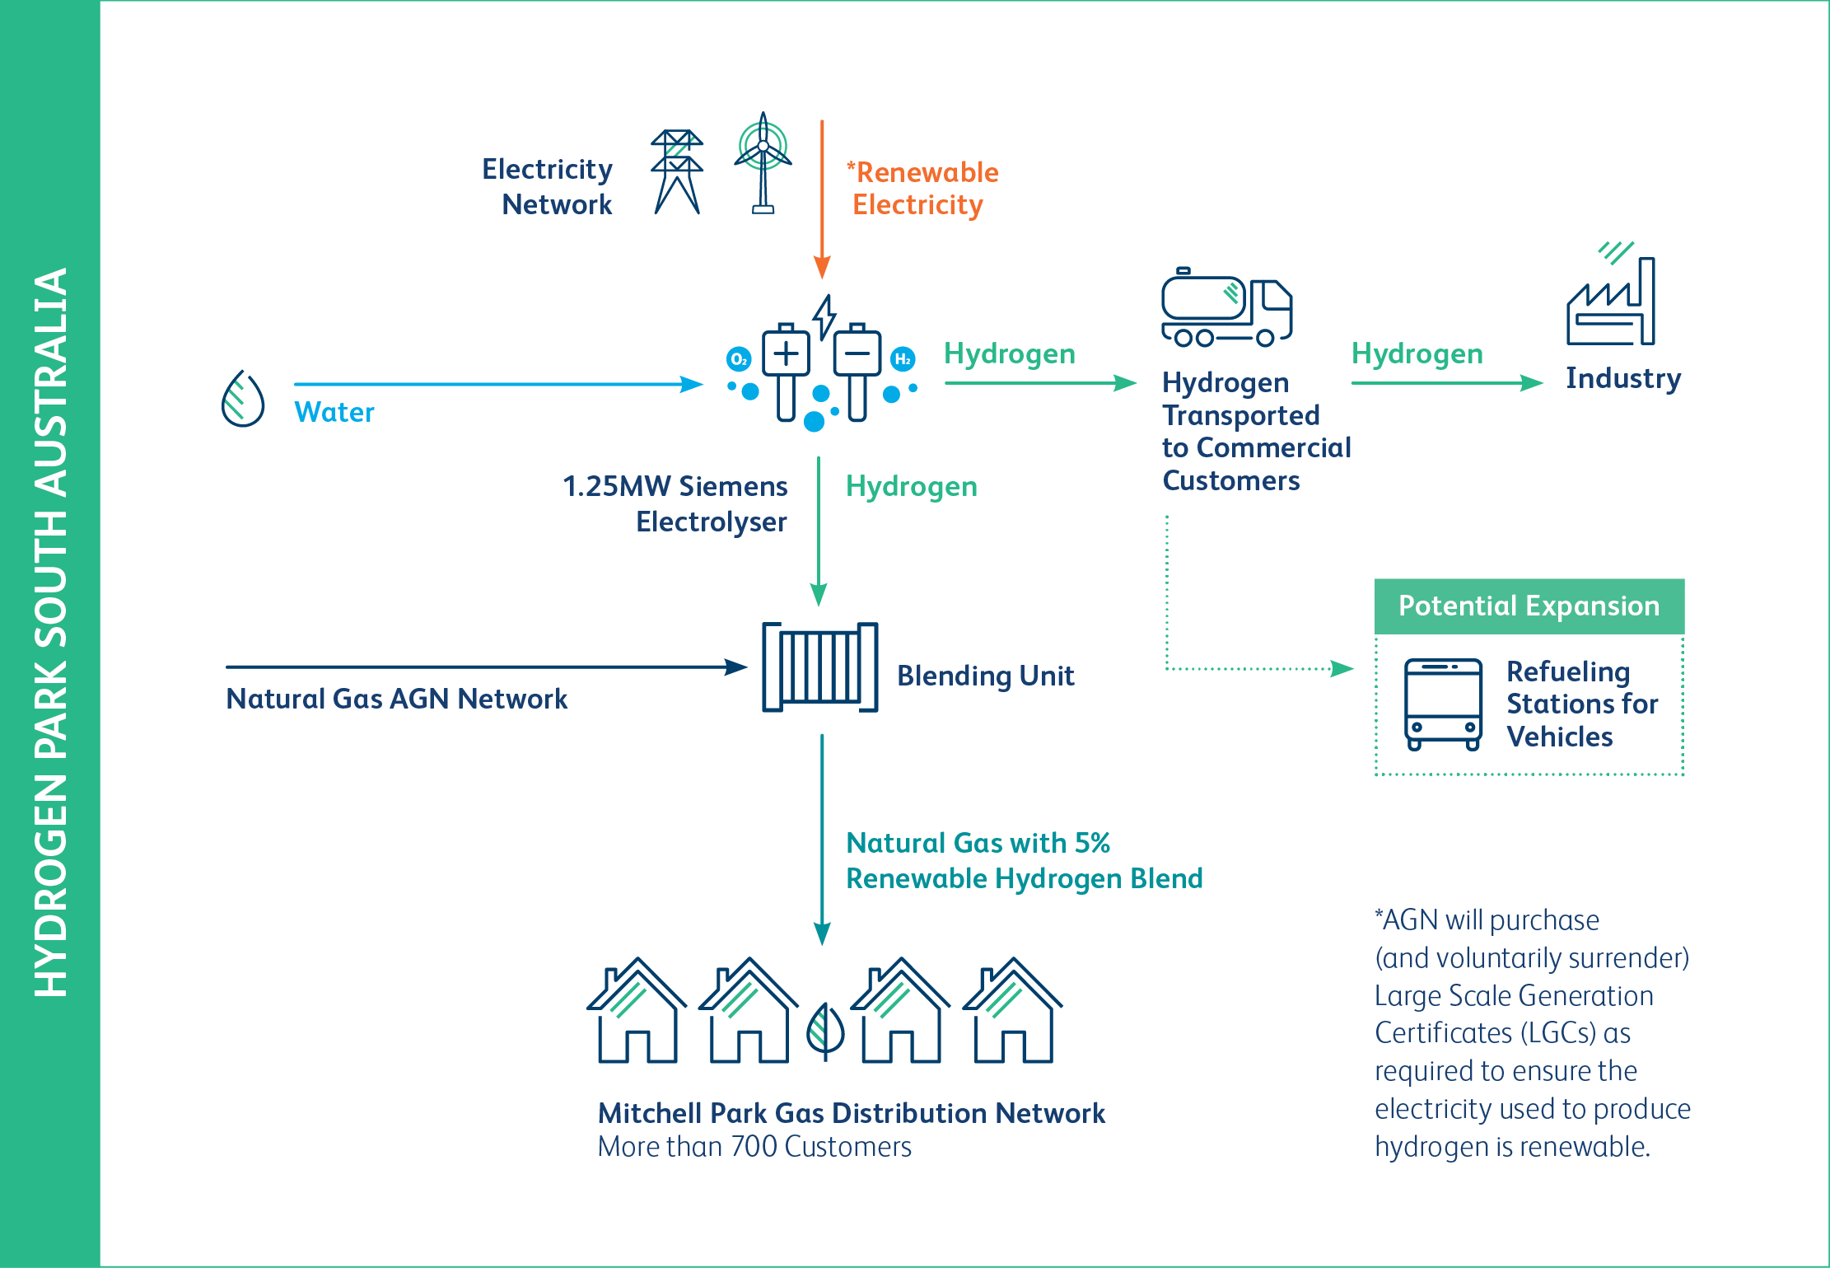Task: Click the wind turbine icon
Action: pos(763,161)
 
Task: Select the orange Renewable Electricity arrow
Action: pos(822,198)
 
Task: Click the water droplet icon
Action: pos(243,400)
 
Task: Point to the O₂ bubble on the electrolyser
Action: pos(739,359)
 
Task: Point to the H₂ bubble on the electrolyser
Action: pos(903,359)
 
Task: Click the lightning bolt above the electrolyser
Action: pos(824,316)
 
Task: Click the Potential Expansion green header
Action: pos(1529,606)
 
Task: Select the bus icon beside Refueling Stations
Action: pos(1444,704)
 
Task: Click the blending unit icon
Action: pos(819,667)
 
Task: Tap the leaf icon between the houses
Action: pos(825,1029)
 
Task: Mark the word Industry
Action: pos(1622,378)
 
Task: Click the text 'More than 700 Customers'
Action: pos(754,1147)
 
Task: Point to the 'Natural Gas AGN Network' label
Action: pos(396,699)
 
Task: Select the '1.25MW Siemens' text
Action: pos(675,486)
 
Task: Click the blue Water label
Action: pos(334,412)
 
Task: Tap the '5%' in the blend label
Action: pos(1092,843)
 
